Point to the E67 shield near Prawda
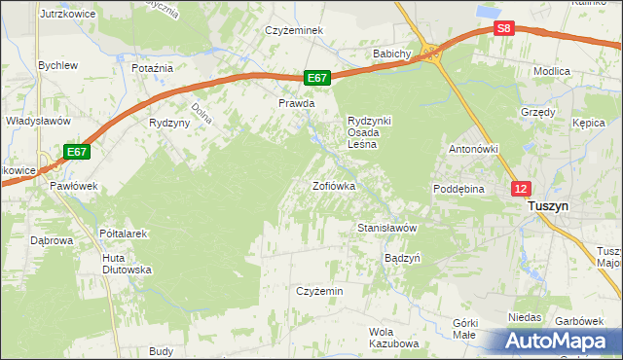pyautogui.click(x=317, y=77)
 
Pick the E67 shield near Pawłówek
pyautogui.click(x=78, y=152)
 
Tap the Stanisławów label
pyautogui.click(x=387, y=228)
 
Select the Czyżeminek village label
pyautogui.click(x=294, y=30)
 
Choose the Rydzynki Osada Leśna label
pyautogui.click(x=370, y=132)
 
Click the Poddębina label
pyautogui.click(x=459, y=189)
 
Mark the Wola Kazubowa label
pyautogui.click(x=393, y=338)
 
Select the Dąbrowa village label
pyautogui.click(x=53, y=239)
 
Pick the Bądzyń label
pyautogui.click(x=402, y=259)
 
